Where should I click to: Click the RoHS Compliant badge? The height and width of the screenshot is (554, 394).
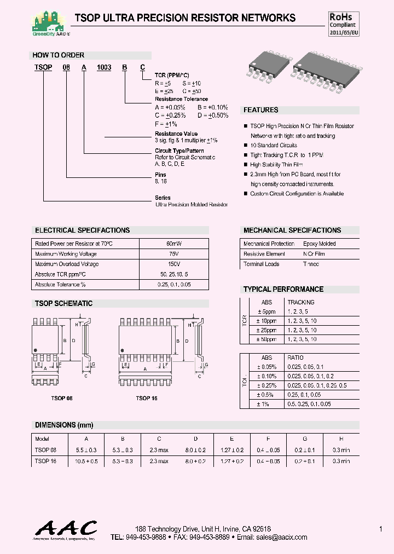(x=343, y=25)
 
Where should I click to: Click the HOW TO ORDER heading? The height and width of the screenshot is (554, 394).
(x=59, y=55)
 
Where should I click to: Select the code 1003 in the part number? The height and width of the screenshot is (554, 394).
(x=104, y=67)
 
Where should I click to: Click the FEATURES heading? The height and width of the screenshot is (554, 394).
(x=261, y=110)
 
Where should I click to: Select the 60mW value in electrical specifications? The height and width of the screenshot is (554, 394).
(x=174, y=244)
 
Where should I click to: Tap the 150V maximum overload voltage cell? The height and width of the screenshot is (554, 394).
(x=174, y=264)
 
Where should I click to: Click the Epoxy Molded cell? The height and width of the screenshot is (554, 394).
(x=320, y=244)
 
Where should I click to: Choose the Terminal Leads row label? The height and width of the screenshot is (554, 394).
(x=262, y=264)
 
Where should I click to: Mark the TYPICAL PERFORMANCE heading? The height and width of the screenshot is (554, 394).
(x=283, y=289)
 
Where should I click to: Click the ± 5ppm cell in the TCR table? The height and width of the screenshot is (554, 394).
(x=266, y=311)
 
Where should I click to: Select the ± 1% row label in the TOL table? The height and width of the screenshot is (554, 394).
(x=266, y=404)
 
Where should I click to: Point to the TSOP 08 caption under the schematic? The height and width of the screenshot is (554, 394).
(x=62, y=399)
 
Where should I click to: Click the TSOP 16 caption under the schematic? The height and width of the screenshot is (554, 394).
(x=147, y=399)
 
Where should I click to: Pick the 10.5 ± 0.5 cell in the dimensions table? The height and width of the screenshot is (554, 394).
(x=86, y=461)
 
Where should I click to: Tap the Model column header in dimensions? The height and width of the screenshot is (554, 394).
(x=42, y=439)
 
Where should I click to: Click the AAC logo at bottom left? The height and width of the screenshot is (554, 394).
(x=66, y=530)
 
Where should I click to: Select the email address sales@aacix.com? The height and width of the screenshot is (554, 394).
(x=282, y=538)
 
